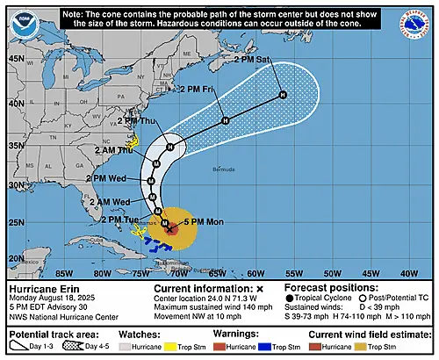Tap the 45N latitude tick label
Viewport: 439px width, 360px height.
tap(16, 57)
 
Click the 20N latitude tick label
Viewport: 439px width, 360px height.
tap(16, 258)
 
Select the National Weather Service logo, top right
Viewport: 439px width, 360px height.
tap(415, 25)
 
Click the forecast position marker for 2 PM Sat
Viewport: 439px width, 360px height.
tap(283, 95)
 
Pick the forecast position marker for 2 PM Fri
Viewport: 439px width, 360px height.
tap(226, 120)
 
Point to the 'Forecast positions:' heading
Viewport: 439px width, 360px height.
tap(327, 287)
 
